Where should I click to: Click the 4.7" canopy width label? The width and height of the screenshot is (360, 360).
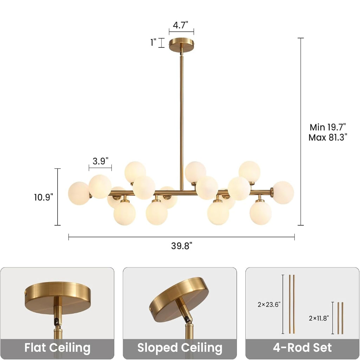click(180, 25)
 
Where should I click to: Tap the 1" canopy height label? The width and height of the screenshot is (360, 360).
click(153, 42)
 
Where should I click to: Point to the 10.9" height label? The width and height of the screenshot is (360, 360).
click(44, 197)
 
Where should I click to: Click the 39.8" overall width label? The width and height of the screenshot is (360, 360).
click(182, 246)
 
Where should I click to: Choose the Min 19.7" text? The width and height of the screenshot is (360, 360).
click(328, 127)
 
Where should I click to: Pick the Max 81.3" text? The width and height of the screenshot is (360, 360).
click(328, 137)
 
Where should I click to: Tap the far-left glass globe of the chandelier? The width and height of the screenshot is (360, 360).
click(79, 193)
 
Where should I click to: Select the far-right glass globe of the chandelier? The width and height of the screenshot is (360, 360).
click(283, 193)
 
